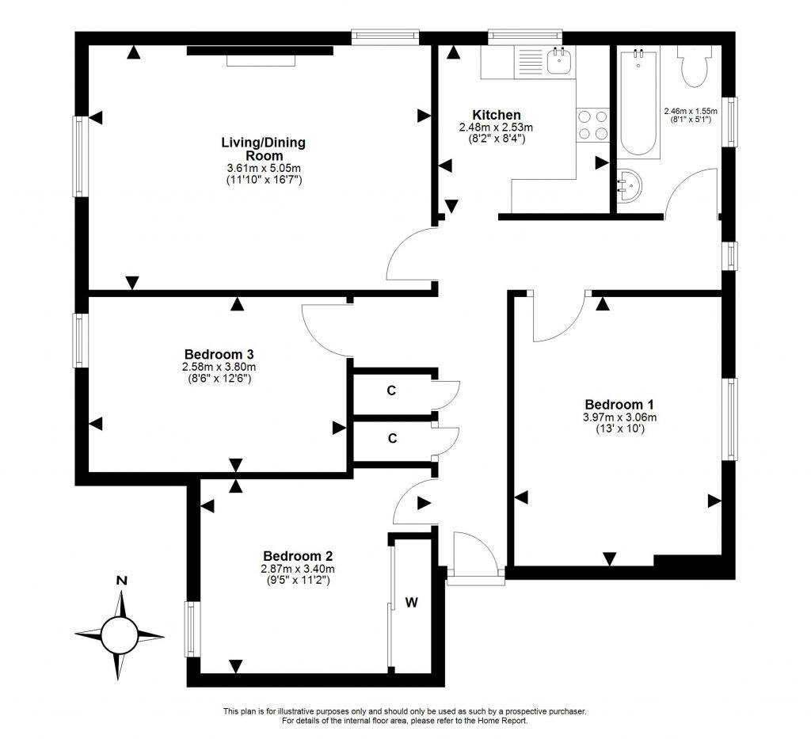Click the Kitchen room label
(x=497, y=115)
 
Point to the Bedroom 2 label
(x=298, y=555)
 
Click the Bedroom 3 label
(x=219, y=353)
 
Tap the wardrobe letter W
(x=412, y=603)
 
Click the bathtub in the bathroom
(x=638, y=103)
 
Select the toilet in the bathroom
(x=695, y=67)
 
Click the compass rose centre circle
(x=120, y=634)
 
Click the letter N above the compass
(x=121, y=581)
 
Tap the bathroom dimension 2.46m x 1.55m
(x=690, y=112)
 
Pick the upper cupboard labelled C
(x=391, y=390)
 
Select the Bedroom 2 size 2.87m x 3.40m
(x=298, y=569)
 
